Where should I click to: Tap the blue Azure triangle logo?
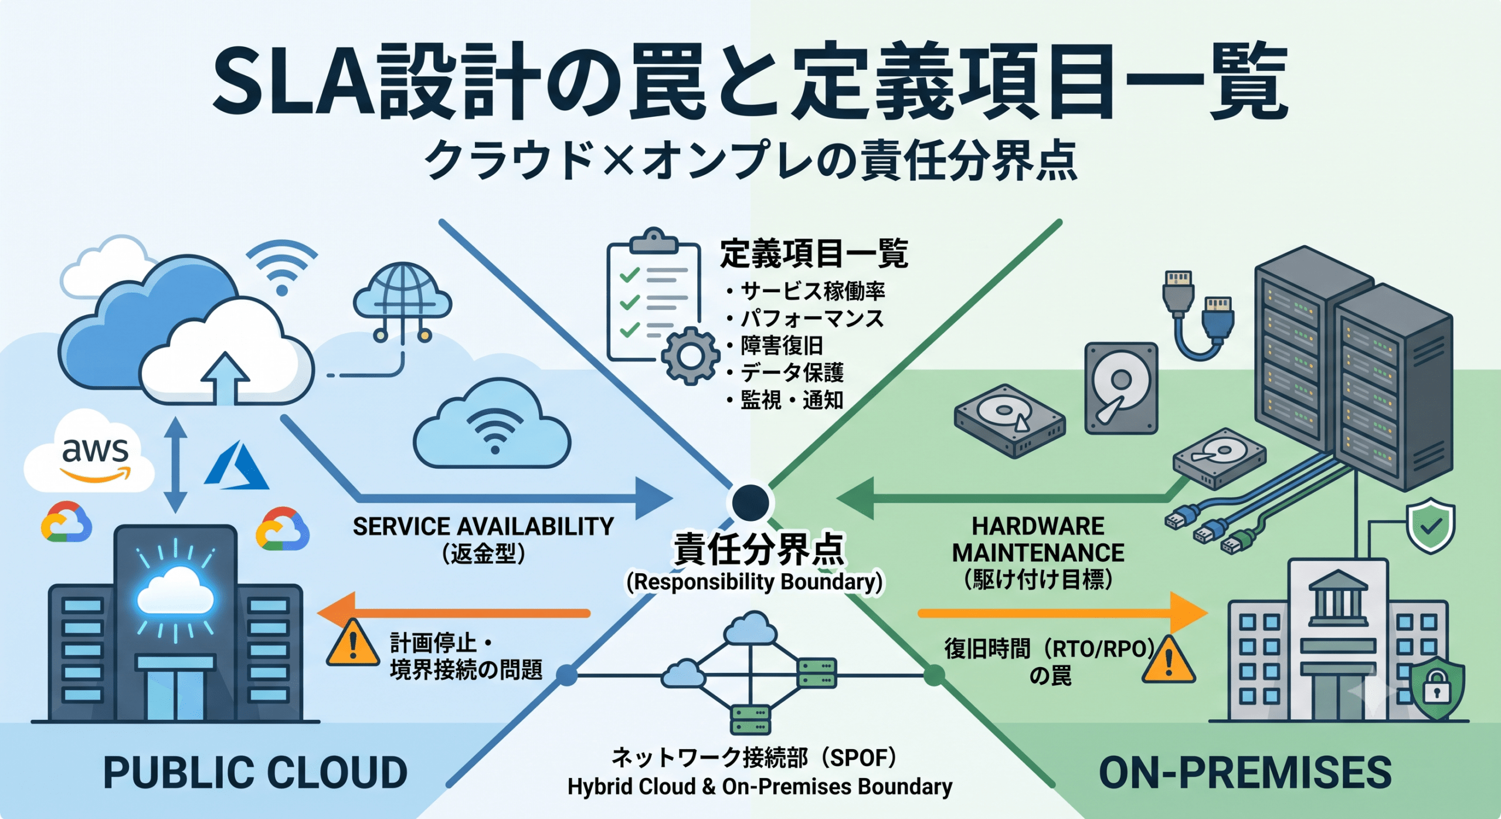[x=236, y=466]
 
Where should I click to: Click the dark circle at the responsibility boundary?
[x=750, y=502]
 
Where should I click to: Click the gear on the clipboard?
[x=690, y=356]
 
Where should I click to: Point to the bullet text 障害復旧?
[x=782, y=346]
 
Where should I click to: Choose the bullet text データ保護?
[x=792, y=373]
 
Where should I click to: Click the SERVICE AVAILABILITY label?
[x=483, y=526]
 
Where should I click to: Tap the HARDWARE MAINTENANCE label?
[x=1038, y=540]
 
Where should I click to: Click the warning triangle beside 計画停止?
[x=352, y=644]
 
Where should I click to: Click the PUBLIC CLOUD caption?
[x=255, y=773]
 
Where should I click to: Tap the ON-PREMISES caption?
[x=1245, y=773]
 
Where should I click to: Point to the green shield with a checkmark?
[x=1431, y=526]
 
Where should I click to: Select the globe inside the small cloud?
[x=402, y=290]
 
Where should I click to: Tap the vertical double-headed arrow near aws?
[x=175, y=465]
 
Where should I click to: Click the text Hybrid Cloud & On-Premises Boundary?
[x=760, y=787]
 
